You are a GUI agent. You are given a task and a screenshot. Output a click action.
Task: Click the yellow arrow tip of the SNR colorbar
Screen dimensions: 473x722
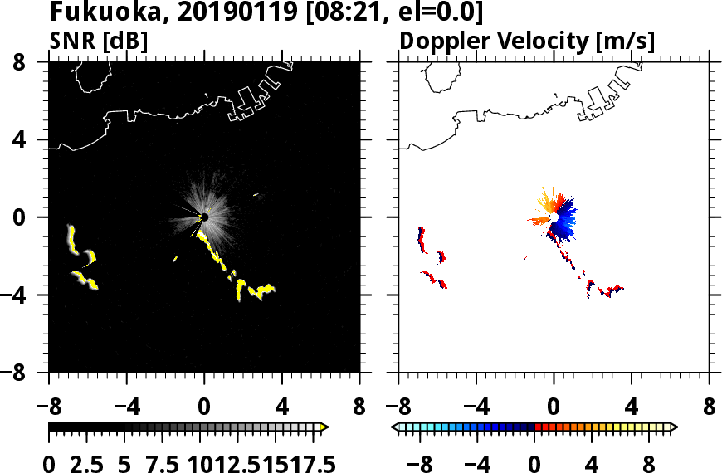(x=324, y=427)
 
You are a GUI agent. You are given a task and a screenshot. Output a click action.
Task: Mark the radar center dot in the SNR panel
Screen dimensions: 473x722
(x=203, y=218)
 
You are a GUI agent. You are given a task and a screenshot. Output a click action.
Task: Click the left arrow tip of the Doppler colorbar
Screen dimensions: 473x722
(x=394, y=427)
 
